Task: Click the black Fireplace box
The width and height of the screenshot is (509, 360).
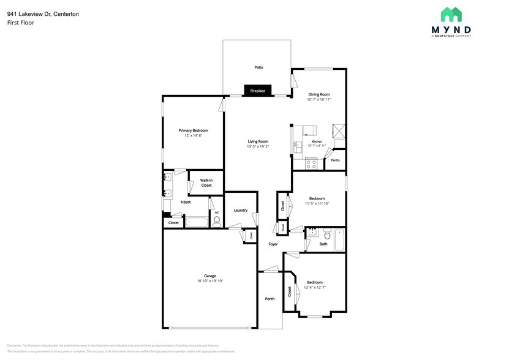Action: (257, 91)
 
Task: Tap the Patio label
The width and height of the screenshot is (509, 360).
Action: (258, 67)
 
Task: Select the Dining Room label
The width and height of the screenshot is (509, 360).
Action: (319, 94)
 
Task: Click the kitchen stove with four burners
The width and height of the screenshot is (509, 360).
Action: (311, 164)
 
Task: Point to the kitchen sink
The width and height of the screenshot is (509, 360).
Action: (298, 147)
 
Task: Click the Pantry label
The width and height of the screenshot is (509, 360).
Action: (335, 160)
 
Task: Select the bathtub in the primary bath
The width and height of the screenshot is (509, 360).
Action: (197, 222)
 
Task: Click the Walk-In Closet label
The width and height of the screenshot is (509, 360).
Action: (206, 182)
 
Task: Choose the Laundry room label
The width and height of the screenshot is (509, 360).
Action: (240, 210)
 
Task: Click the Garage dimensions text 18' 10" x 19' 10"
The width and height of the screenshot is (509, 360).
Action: (210, 281)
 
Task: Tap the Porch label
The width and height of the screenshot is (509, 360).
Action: (270, 299)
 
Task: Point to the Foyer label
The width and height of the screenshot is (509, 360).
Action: (273, 244)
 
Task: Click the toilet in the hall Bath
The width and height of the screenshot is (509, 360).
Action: (328, 234)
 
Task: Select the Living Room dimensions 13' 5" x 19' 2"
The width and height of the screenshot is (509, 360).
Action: (258, 147)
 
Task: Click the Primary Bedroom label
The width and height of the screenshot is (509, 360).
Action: (193, 130)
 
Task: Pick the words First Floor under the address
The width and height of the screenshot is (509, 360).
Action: (21, 23)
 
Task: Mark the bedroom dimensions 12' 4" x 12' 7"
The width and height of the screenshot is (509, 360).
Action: (315, 287)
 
